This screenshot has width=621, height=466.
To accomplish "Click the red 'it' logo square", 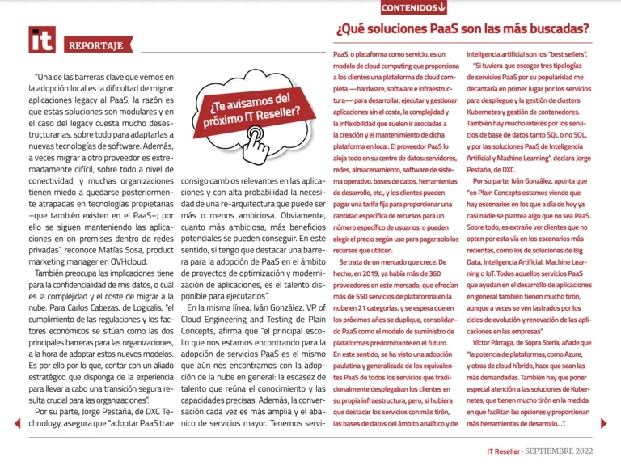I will coord(42,40).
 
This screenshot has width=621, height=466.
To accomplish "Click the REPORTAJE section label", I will coord(96,45).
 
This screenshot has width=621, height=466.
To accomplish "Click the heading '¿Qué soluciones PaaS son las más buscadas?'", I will coord(462,30).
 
